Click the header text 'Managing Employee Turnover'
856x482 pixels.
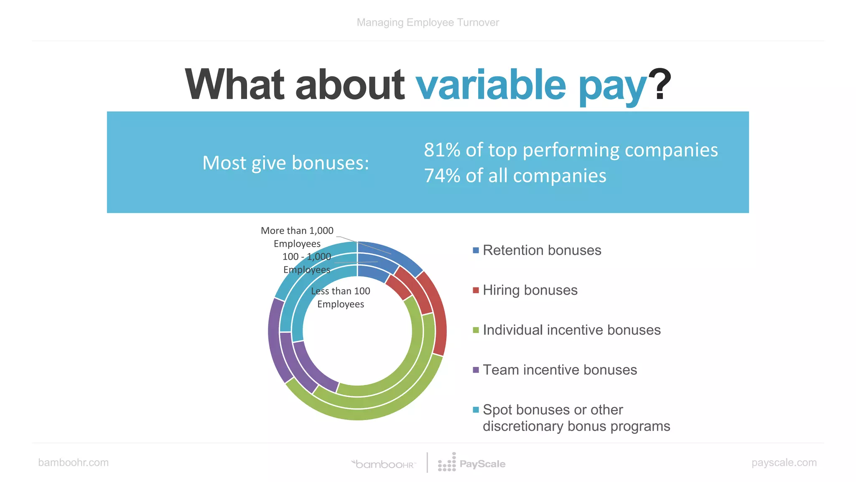click(428, 23)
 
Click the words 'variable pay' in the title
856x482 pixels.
click(531, 85)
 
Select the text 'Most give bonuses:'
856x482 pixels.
click(286, 163)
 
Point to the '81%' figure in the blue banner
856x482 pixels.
click(442, 150)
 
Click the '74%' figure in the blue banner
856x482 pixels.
click(442, 176)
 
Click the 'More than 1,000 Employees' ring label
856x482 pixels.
click(297, 237)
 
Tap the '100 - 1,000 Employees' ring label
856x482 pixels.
click(307, 263)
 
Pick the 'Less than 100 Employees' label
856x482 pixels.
click(341, 297)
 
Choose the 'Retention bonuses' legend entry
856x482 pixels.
click(542, 250)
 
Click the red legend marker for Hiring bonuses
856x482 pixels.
click(476, 290)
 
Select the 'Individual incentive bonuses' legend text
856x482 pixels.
click(571, 330)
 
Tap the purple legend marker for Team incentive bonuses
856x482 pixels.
click(476, 370)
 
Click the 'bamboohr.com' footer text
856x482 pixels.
click(73, 462)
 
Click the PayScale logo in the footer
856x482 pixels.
click(472, 464)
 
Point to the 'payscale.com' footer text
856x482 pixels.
click(784, 462)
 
